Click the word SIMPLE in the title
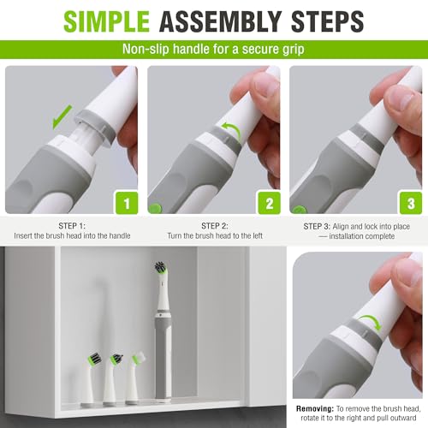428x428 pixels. tap(106, 21)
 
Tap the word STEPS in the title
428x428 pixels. tap(327, 21)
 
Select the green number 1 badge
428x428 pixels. tap(127, 203)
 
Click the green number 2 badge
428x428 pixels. tap(270, 203)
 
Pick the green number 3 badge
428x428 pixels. tap(411, 203)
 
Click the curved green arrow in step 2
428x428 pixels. tap(232, 131)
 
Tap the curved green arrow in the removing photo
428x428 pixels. tap(370, 322)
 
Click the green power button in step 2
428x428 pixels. tap(155, 208)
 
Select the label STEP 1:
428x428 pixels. tap(72, 226)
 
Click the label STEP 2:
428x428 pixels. tap(215, 226)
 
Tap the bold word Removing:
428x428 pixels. tap(315, 408)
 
